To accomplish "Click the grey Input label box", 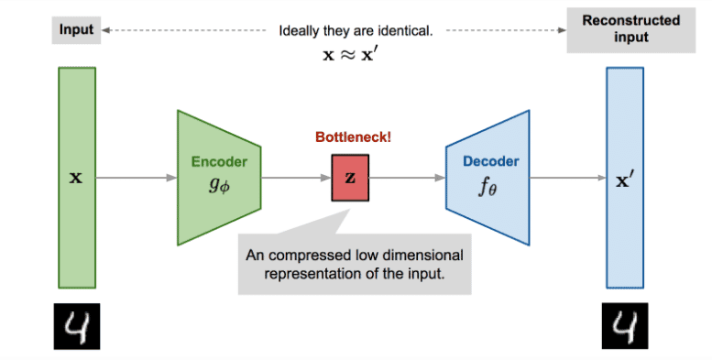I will (77, 29).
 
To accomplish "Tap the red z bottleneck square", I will (348, 178).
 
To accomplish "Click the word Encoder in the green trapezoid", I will (219, 161).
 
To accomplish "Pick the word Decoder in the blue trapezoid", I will (488, 161).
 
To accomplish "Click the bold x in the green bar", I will (76, 178).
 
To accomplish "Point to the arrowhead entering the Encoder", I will (172, 178).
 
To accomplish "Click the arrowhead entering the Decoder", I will (442, 178).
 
